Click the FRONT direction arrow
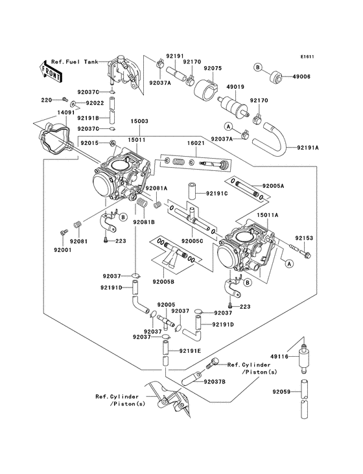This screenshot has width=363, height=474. point(51,71)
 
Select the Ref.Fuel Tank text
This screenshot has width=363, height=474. point(77,61)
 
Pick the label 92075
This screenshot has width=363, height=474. point(213,67)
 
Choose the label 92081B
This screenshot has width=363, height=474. point(144,221)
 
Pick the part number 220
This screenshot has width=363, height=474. point(47,100)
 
